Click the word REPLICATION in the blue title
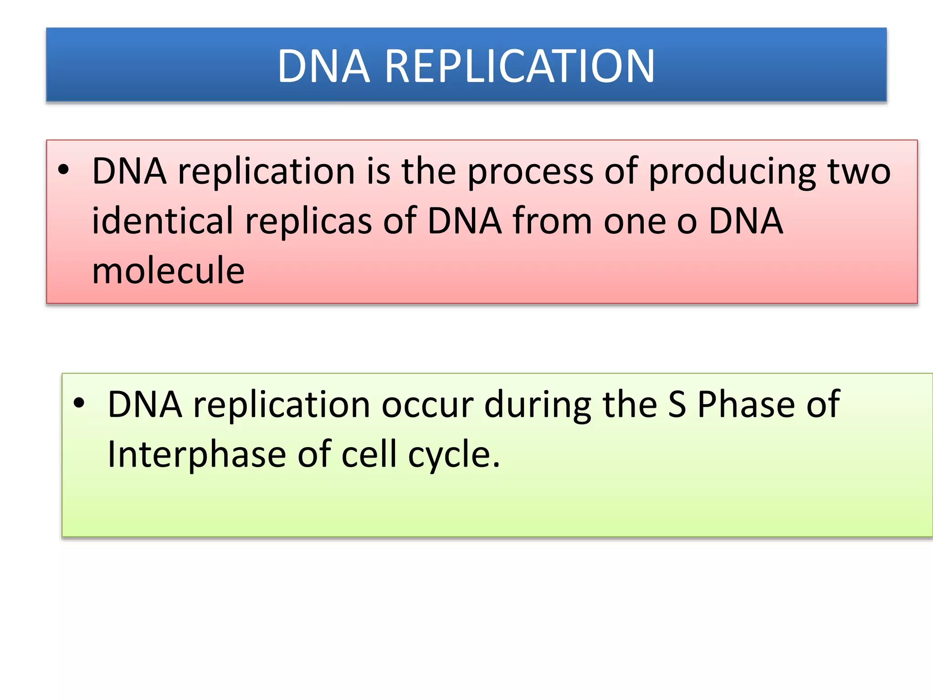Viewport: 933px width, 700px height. tap(520, 67)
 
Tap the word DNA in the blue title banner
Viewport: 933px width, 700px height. tap(323, 67)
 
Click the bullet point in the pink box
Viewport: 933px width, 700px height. tap(64, 170)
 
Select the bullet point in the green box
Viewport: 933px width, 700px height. tap(79, 403)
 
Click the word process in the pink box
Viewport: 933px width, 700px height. tap(530, 172)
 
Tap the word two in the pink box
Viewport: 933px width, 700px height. tap(859, 171)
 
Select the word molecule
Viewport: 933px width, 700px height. tap(168, 270)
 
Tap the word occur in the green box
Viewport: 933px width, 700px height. tap(427, 405)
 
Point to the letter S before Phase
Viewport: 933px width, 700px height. tap(677, 404)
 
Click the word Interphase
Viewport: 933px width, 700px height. tap(196, 455)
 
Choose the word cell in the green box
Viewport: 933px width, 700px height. tap(369, 454)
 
